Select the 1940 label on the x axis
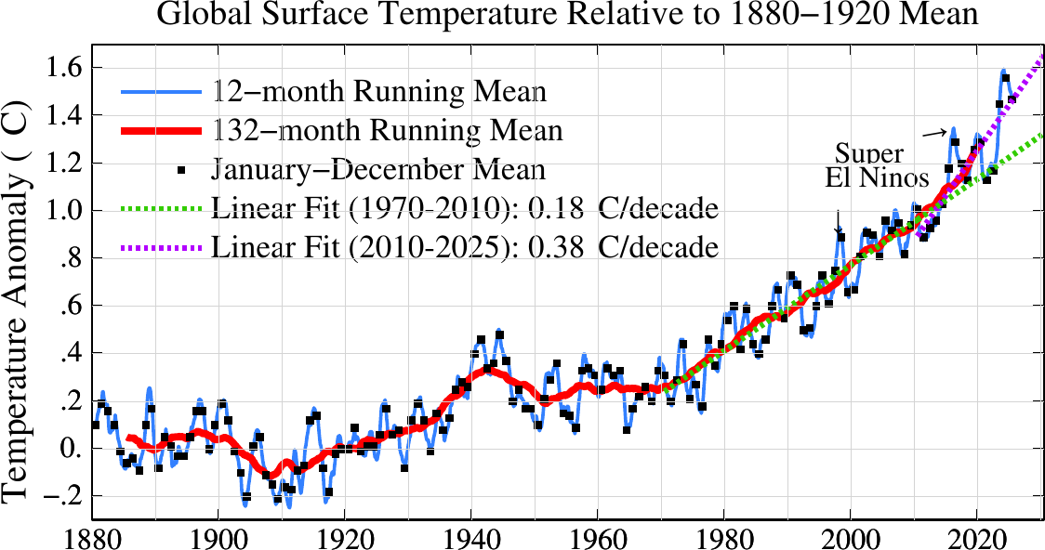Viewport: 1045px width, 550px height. pyautogui.click(x=471, y=538)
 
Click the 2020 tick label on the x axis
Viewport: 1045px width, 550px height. pyautogui.click(x=977, y=538)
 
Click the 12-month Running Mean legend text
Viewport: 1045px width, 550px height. pyautogui.click(x=378, y=93)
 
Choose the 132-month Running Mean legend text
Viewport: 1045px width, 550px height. pyautogui.click(x=387, y=131)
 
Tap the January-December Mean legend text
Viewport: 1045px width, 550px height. pyautogui.click(x=377, y=170)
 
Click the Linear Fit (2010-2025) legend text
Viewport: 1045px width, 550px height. pyautogui.click(x=465, y=247)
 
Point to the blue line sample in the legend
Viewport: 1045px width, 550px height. pyautogui.click(x=160, y=93)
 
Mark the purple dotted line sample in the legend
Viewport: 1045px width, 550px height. pyautogui.click(x=160, y=248)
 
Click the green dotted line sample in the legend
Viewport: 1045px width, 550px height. pyautogui.click(x=160, y=207)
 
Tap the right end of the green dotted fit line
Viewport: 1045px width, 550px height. pyautogui.click(x=1040, y=136)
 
